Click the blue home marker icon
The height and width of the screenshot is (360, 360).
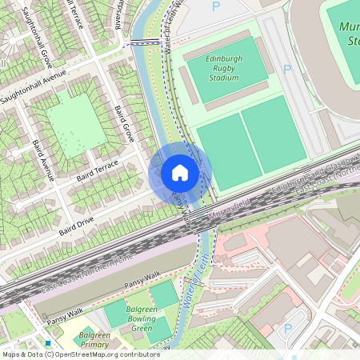pyautogui.click(x=180, y=173)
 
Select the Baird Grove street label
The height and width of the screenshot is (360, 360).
pyautogui.click(x=124, y=123)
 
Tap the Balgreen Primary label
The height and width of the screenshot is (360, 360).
pyautogui.click(x=94, y=339)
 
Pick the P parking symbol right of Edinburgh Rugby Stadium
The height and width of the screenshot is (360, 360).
pyautogui.click(x=287, y=69)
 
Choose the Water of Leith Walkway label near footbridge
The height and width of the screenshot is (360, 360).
pyautogui.click(x=171, y=24)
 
